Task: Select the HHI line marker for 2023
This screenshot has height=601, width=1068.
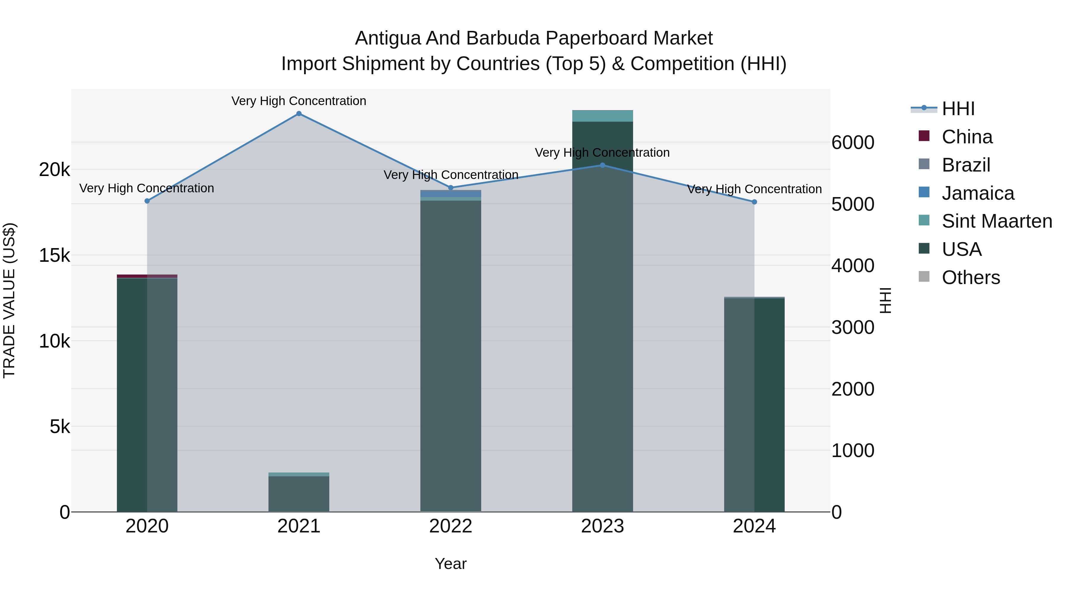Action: pos(603,165)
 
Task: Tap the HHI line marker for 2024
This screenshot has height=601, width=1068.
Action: pos(754,202)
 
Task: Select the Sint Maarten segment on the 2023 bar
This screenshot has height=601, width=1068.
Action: pos(603,116)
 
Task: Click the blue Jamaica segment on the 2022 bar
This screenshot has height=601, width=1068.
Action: pos(451,194)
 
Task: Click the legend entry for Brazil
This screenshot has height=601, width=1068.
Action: pos(966,165)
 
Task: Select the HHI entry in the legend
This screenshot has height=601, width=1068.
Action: pos(957,109)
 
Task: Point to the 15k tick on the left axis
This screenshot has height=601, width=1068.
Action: pos(54,256)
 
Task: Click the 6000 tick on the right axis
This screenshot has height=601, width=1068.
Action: pos(853,143)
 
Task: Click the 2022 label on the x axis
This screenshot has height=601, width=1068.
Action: pos(451,526)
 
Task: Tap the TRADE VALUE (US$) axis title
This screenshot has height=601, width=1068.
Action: pos(9,300)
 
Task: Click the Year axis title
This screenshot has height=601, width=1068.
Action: pos(451,564)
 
